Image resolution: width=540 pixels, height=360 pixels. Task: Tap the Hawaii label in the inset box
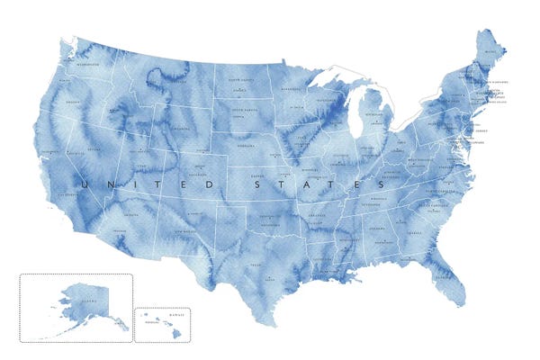(x=175, y=314)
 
